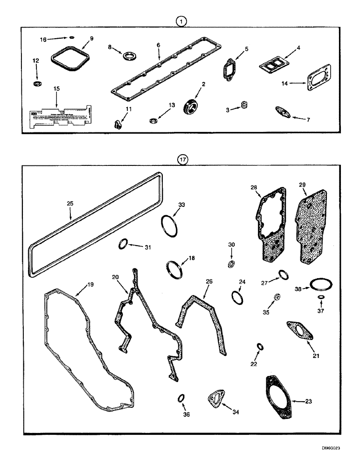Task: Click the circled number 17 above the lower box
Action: click(x=182, y=159)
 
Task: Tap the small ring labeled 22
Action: click(x=260, y=347)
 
